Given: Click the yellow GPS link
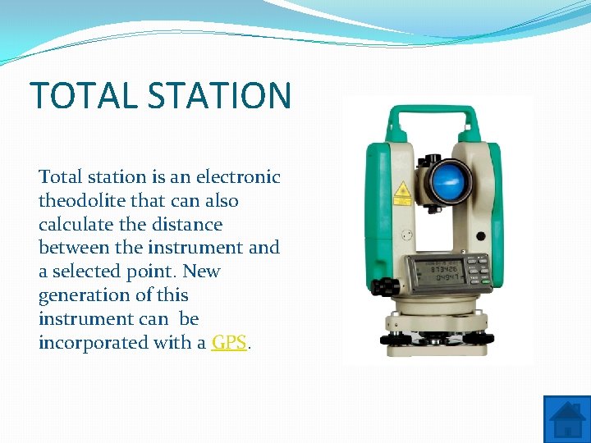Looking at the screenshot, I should tap(229, 343).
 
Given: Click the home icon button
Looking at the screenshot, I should tap(566, 419).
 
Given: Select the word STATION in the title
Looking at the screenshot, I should tap(220, 95).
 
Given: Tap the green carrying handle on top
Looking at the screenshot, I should tap(432, 116).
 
